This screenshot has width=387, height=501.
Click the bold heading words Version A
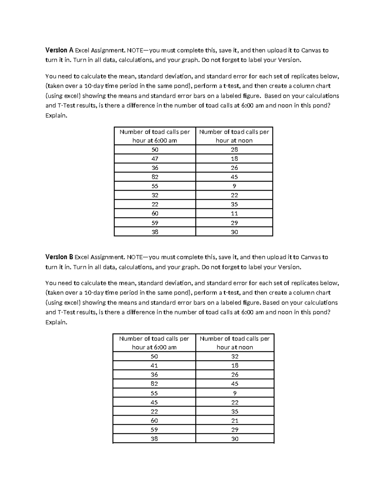pos(59,50)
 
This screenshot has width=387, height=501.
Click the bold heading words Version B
pos(59,257)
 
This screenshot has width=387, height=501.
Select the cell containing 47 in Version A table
pos(155,159)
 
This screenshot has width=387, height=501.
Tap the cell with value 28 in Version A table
pos(234,149)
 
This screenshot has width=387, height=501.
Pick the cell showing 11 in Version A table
pos(234,214)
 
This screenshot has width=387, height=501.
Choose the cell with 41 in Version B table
pos(154,366)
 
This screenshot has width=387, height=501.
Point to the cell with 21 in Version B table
pos(235,421)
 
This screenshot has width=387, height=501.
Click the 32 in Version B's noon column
pos(235,356)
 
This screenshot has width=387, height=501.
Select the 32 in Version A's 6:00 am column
pos(155,195)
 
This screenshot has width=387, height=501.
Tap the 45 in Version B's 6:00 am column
pos(154,402)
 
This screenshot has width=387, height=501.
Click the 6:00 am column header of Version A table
pos(155,136)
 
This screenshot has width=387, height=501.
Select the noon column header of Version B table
pos(235,343)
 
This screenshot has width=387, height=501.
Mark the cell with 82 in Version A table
pos(155,177)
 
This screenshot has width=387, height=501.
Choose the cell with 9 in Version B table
pos(235,393)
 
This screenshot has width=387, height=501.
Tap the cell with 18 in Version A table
pos(234,159)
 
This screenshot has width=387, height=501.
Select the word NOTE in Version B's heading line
pos(135,257)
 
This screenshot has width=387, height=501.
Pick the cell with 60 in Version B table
pos(154,421)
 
